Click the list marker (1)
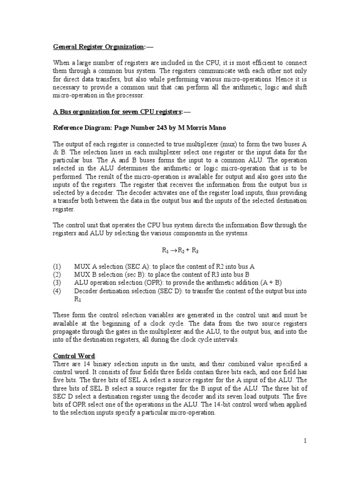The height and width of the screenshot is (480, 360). click(x=57, y=266)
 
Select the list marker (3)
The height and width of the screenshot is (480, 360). click(x=57, y=283)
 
